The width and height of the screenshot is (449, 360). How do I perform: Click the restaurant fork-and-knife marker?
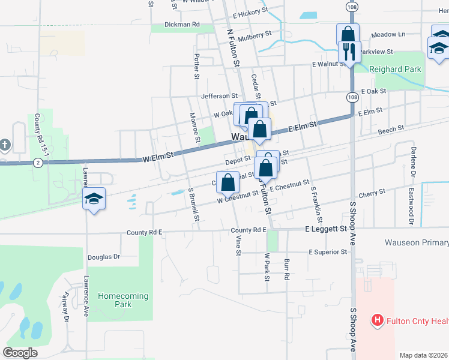(349, 52)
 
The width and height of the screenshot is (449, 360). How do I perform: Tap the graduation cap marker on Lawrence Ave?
(94, 199)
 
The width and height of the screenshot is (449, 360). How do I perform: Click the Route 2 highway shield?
(38, 163)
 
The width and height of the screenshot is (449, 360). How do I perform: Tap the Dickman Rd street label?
(182, 25)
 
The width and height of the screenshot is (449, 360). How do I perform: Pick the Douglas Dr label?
(104, 257)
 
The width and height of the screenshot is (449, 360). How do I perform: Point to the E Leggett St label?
(326, 229)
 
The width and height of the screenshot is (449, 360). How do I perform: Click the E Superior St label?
(328, 253)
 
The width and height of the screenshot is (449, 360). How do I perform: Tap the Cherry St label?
(371, 194)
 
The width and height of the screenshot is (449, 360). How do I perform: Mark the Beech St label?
(391, 130)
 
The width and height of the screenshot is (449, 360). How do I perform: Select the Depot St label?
(238, 160)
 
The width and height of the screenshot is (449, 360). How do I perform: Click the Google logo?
(20, 353)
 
